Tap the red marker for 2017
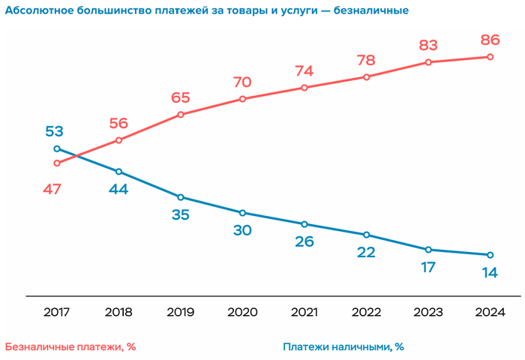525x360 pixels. point(57,163)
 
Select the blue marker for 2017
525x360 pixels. point(57,148)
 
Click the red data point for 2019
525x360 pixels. point(181,115)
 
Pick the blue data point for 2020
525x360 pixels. point(242,213)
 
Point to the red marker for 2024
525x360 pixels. point(490,57)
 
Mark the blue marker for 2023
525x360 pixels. point(428,249)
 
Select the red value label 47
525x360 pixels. point(52,190)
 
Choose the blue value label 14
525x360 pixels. point(490,273)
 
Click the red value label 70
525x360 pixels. point(242,81)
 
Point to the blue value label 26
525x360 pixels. point(304,241)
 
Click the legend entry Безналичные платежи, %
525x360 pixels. point(70,346)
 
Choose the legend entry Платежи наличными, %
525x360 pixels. point(343,346)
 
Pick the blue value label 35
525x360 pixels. point(181,215)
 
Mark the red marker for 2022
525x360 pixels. point(366,76)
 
